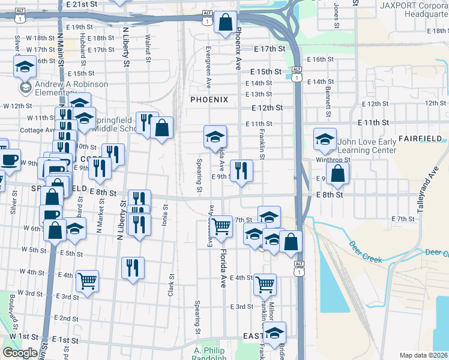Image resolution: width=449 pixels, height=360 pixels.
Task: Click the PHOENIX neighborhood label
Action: tap(209, 100)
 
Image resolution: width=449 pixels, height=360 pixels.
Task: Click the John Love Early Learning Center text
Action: tap(367, 146)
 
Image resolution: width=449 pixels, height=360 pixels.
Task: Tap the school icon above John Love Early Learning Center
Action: tap(325, 140)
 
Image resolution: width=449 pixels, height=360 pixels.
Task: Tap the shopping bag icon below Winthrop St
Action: tap(338, 174)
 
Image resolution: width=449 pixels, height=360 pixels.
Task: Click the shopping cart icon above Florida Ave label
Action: tap(221, 226)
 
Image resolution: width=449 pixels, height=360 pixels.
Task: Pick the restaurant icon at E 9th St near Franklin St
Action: tap(241, 171)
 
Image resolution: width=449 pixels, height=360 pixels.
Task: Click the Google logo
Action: tap(20, 353)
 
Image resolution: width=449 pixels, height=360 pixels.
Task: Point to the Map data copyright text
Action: tap(424, 355)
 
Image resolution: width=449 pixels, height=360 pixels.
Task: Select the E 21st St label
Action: tap(82, 4)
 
